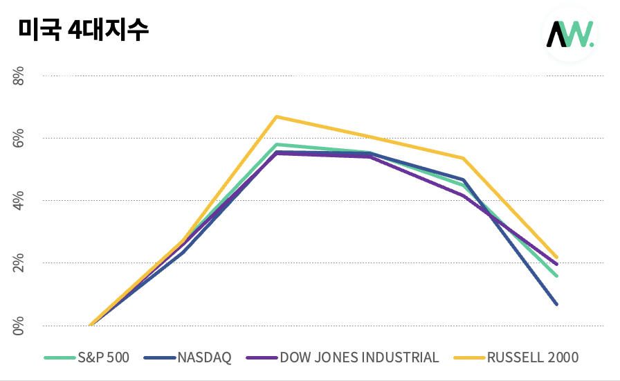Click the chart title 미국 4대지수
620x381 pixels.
tap(83, 29)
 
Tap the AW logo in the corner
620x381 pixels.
tap(569, 34)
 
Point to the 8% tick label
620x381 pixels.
tap(19, 76)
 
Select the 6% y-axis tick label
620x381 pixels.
tap(19, 138)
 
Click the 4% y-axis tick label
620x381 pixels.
tap(19, 200)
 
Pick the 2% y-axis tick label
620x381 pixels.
tap(19, 263)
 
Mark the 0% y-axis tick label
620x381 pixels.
tap(19, 325)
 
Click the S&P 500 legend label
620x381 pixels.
tap(103, 357)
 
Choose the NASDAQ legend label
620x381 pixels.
tap(204, 357)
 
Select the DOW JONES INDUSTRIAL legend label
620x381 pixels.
tap(359, 357)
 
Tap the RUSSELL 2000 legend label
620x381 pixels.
tap(532, 357)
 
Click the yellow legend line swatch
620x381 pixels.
tap(468, 358)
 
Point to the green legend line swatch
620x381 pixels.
tap(59, 358)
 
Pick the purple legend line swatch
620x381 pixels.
tap(261, 358)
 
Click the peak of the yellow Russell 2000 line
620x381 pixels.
tap(277, 116)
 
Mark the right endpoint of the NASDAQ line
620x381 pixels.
tap(556, 304)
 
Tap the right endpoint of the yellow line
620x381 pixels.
tap(556, 258)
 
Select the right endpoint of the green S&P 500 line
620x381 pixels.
tap(556, 276)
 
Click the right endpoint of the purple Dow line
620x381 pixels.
tap(556, 265)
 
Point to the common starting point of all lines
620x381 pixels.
tap(91, 325)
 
